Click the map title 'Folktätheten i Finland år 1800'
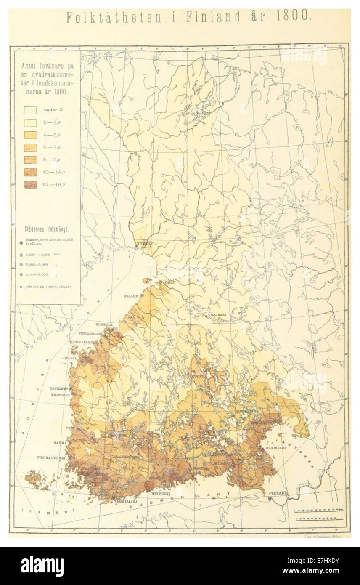[188, 17]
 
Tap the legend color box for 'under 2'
[30, 110]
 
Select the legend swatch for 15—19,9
[30, 184]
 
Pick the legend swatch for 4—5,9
[30, 135]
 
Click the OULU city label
[170, 282]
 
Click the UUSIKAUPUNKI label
[51, 457]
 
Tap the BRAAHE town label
[130, 296]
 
